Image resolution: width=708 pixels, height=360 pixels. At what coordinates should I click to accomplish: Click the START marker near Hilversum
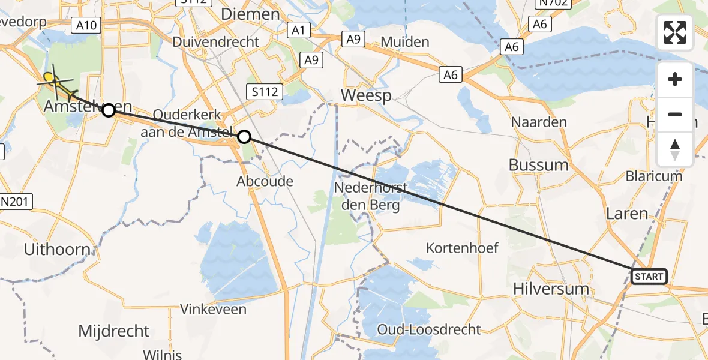649,277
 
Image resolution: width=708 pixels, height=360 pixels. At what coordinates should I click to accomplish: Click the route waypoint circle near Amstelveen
109,110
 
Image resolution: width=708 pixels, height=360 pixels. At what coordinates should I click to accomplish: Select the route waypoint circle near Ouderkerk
244,137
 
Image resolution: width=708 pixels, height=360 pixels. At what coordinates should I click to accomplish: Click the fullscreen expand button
675,32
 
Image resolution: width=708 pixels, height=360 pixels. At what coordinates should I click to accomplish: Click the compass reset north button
675,149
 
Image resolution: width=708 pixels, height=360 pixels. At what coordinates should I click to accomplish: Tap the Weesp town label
366,95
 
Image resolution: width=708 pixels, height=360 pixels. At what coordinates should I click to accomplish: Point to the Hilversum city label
551,289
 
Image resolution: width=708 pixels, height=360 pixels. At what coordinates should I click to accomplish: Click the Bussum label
538,165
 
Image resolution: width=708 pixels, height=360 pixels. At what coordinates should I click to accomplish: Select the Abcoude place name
265,181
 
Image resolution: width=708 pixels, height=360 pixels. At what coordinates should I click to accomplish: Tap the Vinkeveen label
214,310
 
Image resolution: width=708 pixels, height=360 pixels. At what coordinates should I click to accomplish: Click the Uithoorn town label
57,249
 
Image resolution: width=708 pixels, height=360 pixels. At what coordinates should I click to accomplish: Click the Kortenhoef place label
462,247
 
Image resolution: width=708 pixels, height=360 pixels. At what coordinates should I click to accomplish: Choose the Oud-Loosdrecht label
429,329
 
